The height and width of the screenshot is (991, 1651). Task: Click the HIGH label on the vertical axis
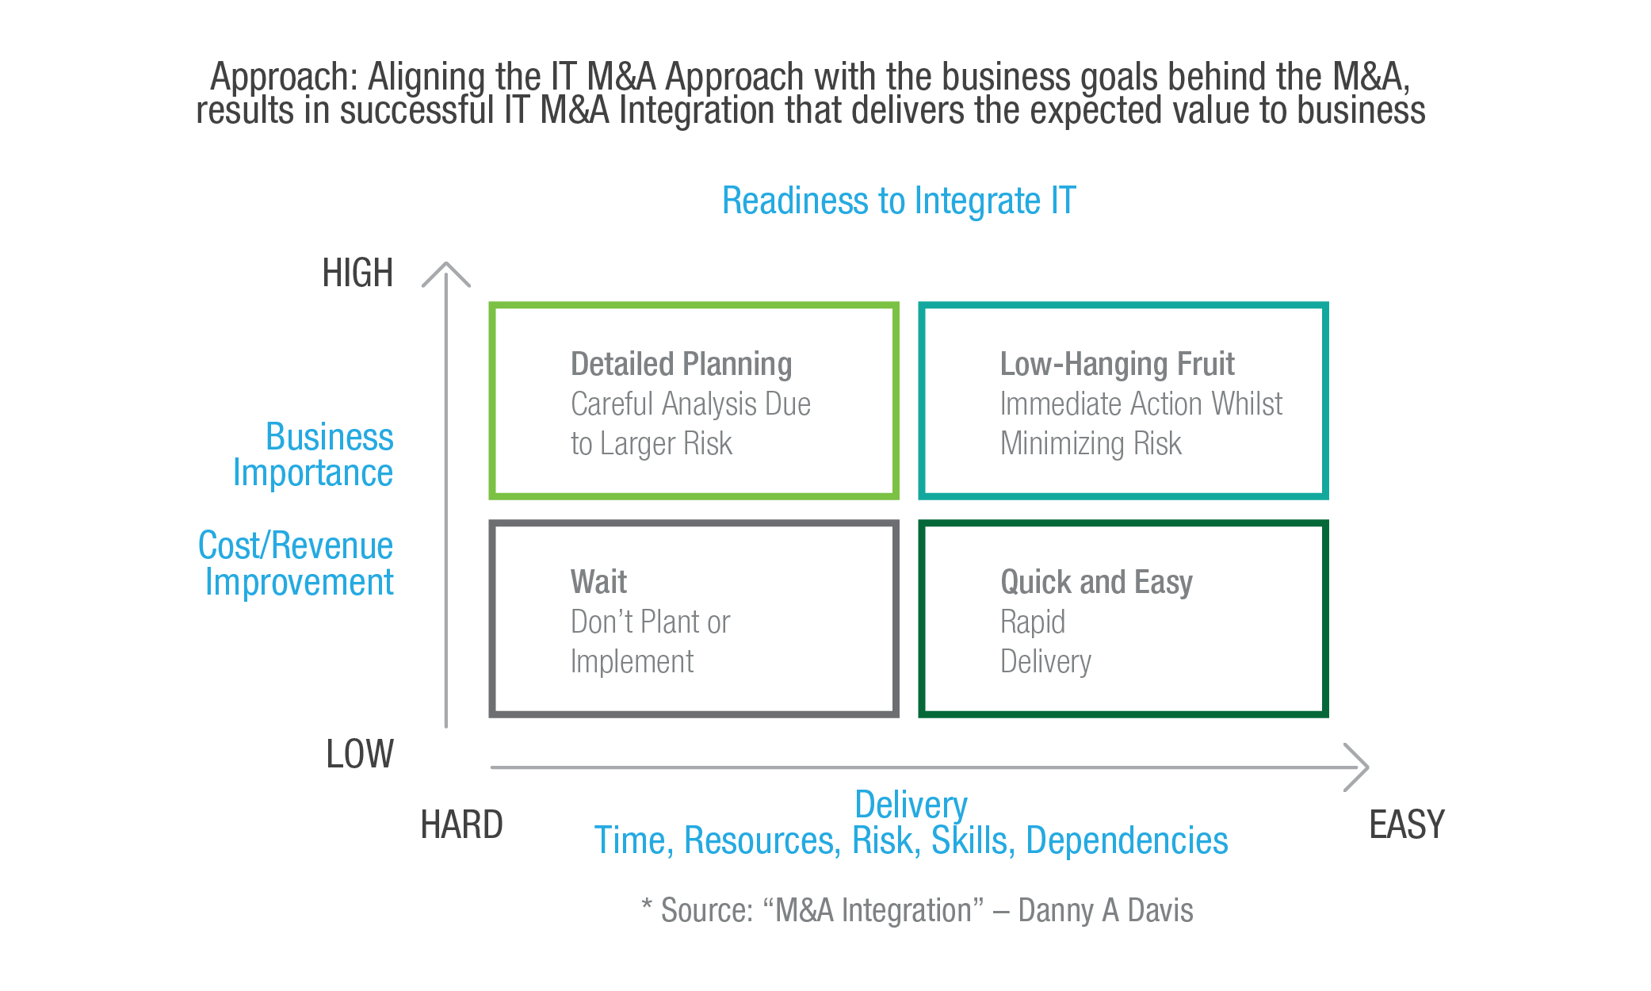[x=357, y=274]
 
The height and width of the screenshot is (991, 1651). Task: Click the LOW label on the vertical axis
[x=360, y=754]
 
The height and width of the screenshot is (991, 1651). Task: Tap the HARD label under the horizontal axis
[x=461, y=825]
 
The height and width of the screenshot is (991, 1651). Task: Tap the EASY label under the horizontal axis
[x=1407, y=825]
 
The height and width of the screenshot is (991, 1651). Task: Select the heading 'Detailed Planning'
[x=681, y=365]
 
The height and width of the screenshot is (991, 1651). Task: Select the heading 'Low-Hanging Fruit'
[x=1117, y=365]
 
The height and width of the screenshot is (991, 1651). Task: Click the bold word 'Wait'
[x=598, y=582]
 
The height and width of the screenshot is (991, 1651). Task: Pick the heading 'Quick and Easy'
[x=1096, y=582]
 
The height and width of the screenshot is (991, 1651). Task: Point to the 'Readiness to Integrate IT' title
[x=898, y=201]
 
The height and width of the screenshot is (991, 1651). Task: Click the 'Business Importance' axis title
[x=317, y=454]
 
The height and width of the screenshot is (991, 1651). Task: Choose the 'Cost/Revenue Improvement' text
[x=297, y=564]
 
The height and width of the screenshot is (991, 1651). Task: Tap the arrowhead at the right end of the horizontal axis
[x=1360, y=767]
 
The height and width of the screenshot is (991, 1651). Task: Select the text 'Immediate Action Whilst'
[x=1141, y=404]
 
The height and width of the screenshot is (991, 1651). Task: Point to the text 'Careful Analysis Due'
[x=690, y=404]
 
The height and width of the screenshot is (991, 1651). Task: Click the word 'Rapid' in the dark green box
[x=1033, y=622]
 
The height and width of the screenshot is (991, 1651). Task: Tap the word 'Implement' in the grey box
[x=632, y=662]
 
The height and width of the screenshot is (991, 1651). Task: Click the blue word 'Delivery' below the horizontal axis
[x=911, y=805]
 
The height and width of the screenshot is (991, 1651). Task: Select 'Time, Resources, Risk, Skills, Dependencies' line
[x=911, y=841]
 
